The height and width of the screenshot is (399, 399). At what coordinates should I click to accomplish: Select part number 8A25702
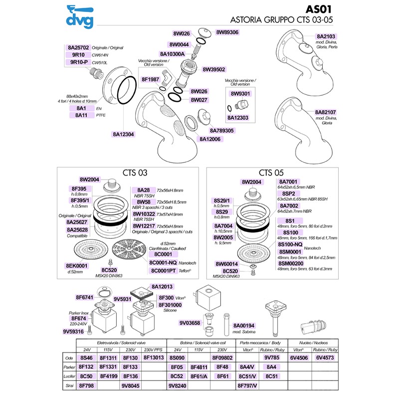[78, 47]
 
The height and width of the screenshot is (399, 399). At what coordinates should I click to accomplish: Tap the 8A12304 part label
[124, 134]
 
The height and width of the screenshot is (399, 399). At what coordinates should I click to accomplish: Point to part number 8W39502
[214, 70]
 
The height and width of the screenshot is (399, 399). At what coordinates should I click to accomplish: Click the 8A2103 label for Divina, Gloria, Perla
[326, 36]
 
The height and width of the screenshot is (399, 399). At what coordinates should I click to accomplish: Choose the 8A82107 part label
[325, 112]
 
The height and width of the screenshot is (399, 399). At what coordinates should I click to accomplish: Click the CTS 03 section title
[135, 173]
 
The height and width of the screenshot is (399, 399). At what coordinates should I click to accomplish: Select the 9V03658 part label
[190, 323]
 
